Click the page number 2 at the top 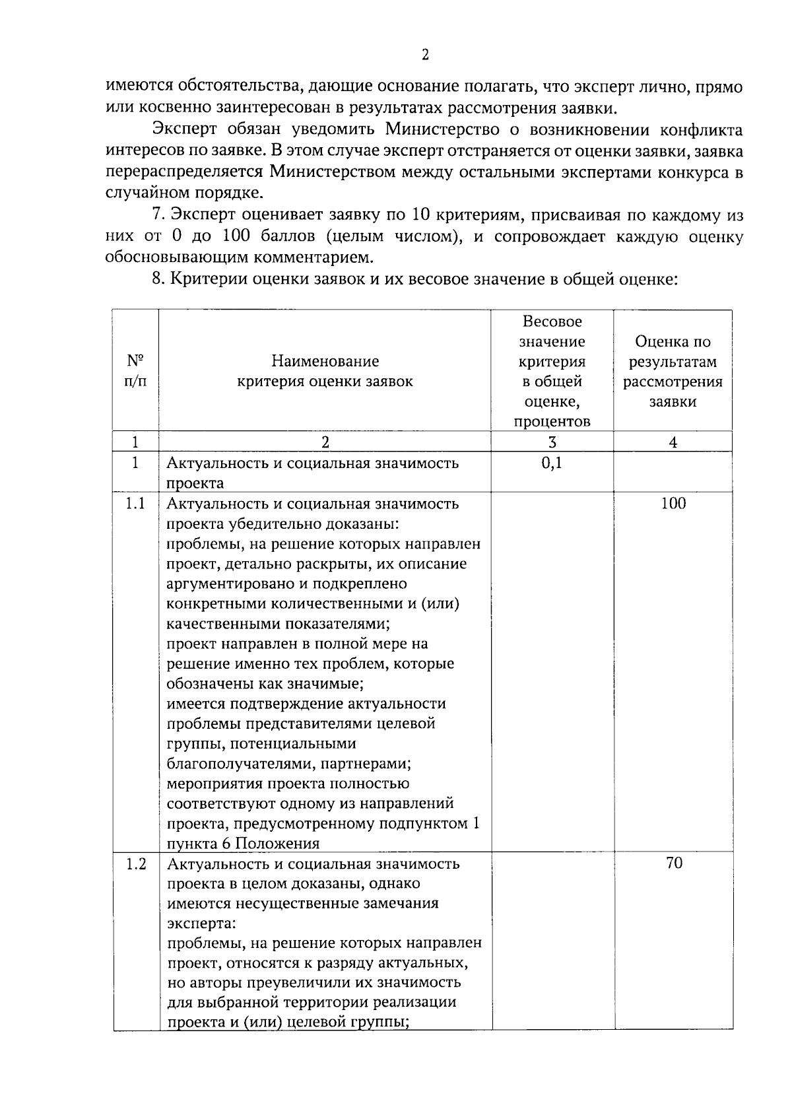pos(425,55)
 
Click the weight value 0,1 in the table pos(552,463)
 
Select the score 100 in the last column pos(673,504)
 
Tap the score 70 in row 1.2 pos(674,863)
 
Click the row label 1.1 pos(135,504)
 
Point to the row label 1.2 pos(135,863)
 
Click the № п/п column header pos(135,371)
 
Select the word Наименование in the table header pos(325,361)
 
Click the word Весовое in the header pos(552,321)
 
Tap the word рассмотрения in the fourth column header pos(673,382)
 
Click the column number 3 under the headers pos(552,443)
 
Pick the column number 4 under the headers pos(673,443)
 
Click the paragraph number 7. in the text pos(158,215)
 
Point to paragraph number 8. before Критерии pos(158,279)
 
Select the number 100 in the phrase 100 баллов pos(236,236)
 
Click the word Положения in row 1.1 pos(277,844)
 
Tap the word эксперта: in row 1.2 pos(197,923)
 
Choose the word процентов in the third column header pos(552,422)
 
